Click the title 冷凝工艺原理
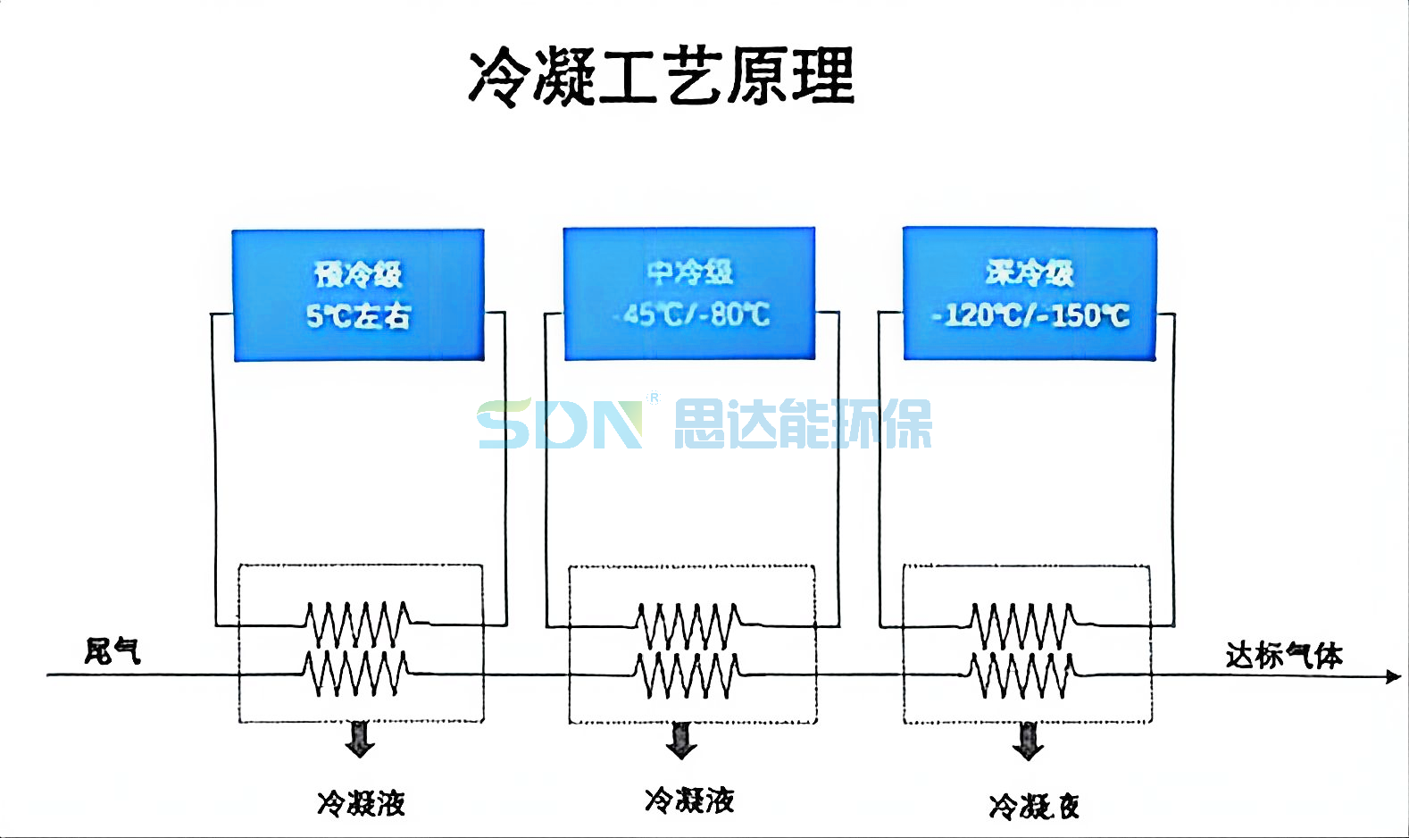click(662, 77)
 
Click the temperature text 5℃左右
click(358, 315)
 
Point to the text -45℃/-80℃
click(691, 314)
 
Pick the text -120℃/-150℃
click(1030, 315)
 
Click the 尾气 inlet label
click(113, 650)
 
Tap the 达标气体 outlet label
click(1283, 655)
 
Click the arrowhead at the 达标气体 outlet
click(1393, 676)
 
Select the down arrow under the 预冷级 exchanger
click(360, 739)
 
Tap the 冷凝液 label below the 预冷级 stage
click(361, 803)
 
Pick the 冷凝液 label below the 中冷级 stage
click(689, 800)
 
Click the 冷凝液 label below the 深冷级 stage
click(1034, 806)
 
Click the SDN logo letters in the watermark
click(561, 423)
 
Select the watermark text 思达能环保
click(802, 423)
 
